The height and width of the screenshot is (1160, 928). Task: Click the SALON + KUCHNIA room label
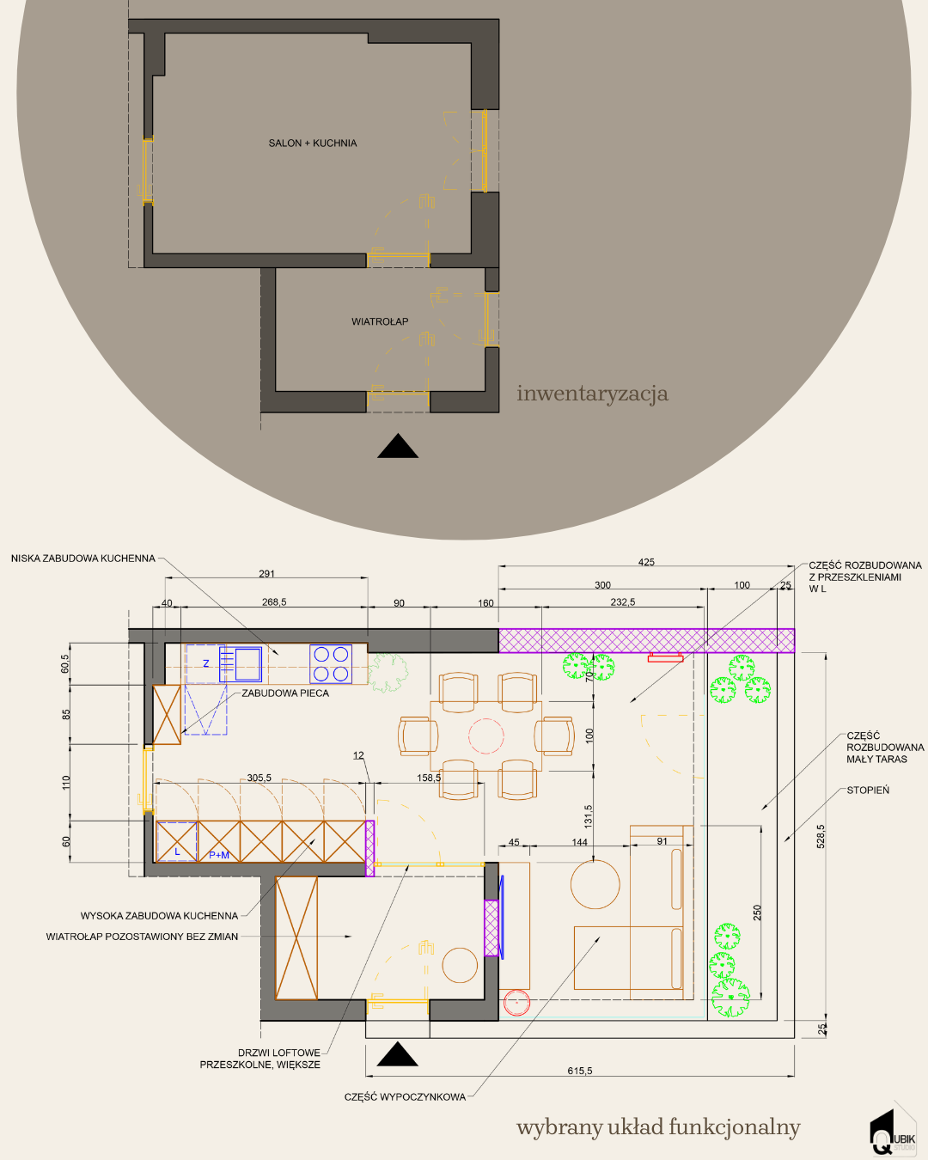313,143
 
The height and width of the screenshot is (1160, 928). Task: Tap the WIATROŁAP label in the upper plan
380,321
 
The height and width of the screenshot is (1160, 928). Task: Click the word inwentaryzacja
592,394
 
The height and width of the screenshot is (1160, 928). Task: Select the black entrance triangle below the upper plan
398,446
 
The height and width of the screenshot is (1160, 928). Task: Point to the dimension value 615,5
580,1071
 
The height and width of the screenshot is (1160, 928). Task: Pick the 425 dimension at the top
646,562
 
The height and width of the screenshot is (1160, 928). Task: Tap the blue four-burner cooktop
331,663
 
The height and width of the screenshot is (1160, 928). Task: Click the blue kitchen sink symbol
241,664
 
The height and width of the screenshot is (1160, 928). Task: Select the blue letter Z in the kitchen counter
206,663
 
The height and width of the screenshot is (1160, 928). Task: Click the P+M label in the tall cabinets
219,855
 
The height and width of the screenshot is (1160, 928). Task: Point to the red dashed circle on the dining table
485,736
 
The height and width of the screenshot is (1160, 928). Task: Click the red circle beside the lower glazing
516,1003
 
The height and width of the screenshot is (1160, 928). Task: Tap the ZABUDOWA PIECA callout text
285,693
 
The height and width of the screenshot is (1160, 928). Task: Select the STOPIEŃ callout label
868,791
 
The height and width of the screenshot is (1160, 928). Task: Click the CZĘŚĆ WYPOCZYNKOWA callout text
405,1097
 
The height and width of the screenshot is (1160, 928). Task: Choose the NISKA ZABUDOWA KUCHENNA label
83,559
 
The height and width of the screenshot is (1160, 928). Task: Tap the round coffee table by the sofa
595,884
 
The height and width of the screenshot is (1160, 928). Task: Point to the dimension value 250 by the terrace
757,913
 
